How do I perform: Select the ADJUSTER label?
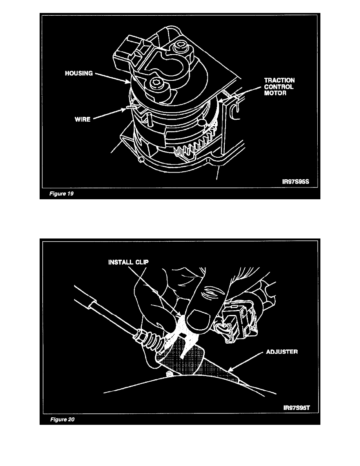pos(282,352)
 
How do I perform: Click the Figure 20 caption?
pos(62,419)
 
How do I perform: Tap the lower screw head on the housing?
pos(152,83)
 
